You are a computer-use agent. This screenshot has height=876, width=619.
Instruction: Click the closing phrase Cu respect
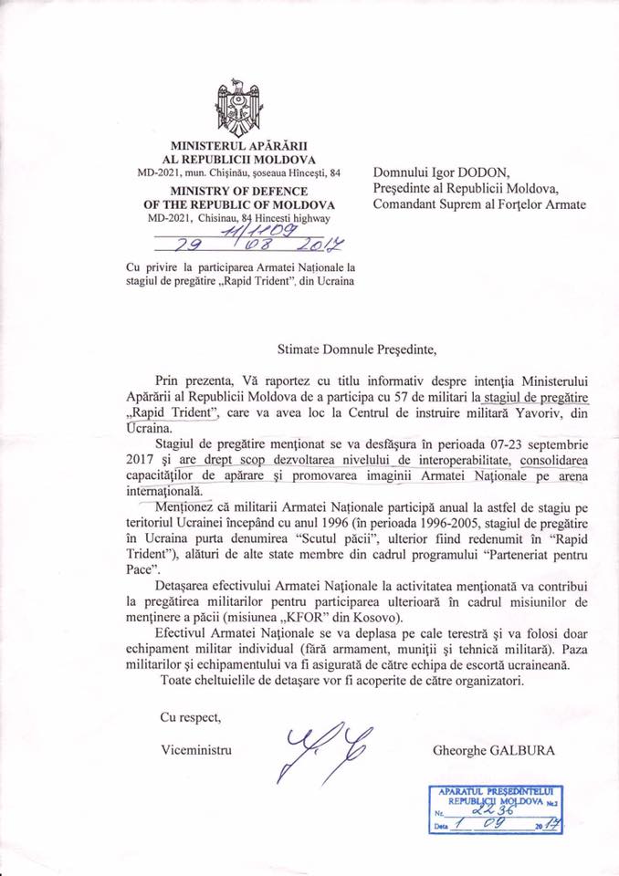(190, 716)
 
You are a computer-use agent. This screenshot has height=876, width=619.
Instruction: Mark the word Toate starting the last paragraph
(177, 682)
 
